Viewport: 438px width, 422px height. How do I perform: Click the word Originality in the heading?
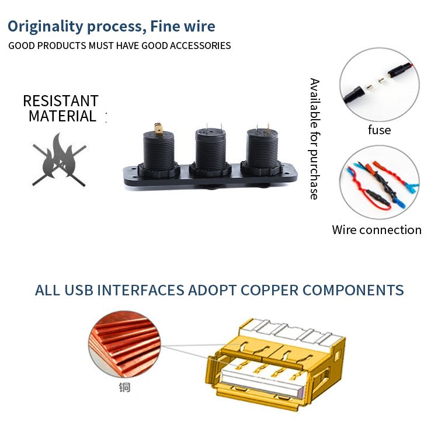(x=46, y=27)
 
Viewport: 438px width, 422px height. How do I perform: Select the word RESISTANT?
(x=61, y=101)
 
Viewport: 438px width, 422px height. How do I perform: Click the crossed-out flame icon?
(x=59, y=160)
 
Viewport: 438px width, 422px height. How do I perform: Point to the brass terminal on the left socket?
(x=158, y=129)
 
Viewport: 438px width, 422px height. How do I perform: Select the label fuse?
(x=380, y=130)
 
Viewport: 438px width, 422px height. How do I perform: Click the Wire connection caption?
(x=377, y=230)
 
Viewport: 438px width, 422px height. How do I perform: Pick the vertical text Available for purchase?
(x=315, y=139)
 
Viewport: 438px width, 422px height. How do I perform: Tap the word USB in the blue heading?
(x=78, y=290)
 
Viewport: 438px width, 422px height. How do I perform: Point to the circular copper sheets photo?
(x=124, y=344)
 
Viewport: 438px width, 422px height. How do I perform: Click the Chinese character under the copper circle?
(x=124, y=387)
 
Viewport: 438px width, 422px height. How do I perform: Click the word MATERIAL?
(x=62, y=116)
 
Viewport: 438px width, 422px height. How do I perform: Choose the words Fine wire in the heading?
(x=183, y=26)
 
